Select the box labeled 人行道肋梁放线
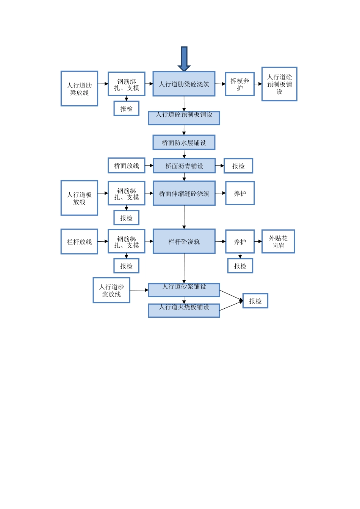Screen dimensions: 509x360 [x=79, y=89]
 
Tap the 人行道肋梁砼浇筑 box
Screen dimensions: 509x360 [x=184, y=84]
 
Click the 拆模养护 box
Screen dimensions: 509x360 [x=239, y=84]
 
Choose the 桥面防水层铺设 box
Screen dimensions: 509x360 [x=184, y=143]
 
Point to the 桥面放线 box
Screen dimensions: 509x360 [x=126, y=166]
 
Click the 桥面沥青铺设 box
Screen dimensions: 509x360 [x=184, y=166]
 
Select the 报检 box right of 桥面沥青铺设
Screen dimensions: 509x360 [x=238, y=166]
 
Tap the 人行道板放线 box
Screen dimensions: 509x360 [x=79, y=198]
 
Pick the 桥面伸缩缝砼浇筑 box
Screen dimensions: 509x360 [x=184, y=194]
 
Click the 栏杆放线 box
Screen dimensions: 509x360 [x=79, y=242]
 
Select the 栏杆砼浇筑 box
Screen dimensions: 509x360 [x=184, y=242]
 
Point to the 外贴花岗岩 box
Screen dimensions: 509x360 [x=278, y=242]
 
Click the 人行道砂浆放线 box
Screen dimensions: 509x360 [x=111, y=290]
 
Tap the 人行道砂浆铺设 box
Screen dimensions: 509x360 [x=184, y=290]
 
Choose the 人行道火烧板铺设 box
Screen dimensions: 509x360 [x=184, y=311]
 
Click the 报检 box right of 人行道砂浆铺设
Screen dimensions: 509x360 [x=255, y=301]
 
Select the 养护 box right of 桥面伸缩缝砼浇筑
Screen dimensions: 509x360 [x=239, y=194]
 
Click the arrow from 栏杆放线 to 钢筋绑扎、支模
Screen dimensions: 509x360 [x=103, y=242]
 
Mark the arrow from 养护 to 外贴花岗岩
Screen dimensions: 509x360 [x=258, y=242]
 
